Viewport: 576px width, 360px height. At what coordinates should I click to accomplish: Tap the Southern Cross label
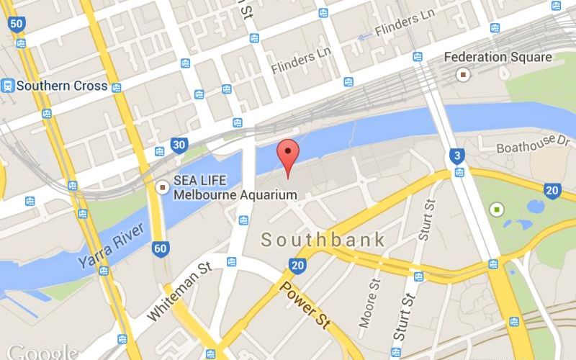pos(62,86)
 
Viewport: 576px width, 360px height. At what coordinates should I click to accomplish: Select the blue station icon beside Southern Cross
pos(8,86)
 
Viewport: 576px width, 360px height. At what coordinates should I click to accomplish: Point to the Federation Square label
pos(498,57)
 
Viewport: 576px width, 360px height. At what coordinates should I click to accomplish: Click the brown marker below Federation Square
pos(464,74)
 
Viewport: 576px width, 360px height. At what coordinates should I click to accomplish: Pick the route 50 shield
pos(17,24)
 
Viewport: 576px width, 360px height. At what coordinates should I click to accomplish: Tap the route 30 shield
pos(180,145)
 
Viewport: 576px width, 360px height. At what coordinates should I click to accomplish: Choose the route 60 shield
pos(161,249)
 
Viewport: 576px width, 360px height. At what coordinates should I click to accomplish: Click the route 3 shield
pos(456,156)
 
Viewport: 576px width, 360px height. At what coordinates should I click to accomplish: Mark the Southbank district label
pos(323,240)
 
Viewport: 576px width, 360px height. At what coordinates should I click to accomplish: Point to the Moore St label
pos(369,303)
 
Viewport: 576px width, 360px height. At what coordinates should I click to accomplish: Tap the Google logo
pos(42,352)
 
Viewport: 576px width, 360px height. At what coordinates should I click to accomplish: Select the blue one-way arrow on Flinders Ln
pos(365,35)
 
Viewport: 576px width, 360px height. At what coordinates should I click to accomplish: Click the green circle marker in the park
pos(496,210)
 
